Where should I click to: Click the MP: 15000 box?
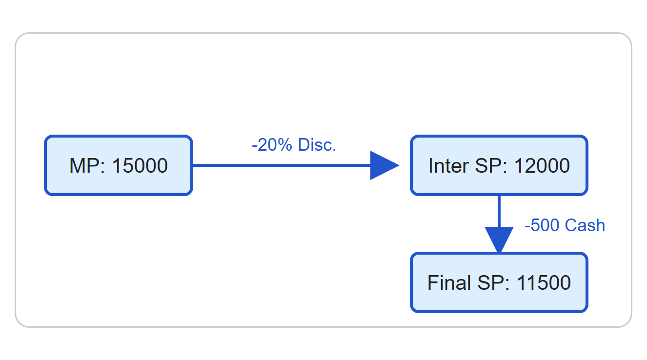(x=119, y=165)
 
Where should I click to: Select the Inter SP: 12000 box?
(x=499, y=165)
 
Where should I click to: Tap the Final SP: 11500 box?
(x=499, y=282)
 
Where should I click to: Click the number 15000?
(x=140, y=166)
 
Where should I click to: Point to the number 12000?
(x=542, y=166)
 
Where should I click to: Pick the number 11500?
(x=543, y=282)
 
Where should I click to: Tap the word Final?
(x=449, y=282)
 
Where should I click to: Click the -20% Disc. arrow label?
(x=294, y=145)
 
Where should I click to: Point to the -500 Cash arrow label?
(x=565, y=225)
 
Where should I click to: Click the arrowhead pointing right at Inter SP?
(x=384, y=165)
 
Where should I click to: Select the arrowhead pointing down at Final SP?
(x=499, y=240)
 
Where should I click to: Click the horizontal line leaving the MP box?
(x=282, y=165)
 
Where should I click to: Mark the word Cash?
(x=585, y=225)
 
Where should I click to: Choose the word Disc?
(x=317, y=145)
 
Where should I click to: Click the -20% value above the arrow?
(x=272, y=145)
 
